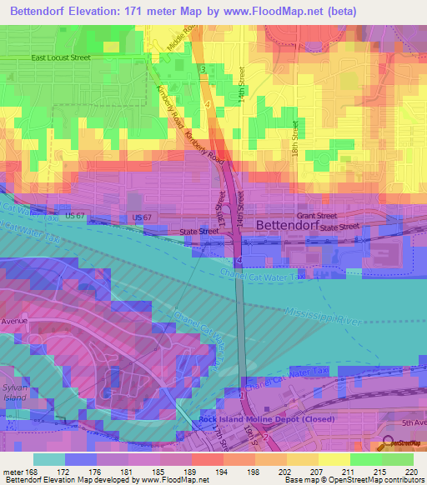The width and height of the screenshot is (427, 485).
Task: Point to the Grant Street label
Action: (319, 215)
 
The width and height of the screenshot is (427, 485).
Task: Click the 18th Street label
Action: (295, 139)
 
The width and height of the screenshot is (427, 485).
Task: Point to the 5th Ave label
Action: (413, 423)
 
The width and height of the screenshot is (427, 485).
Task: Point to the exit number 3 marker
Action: (202, 67)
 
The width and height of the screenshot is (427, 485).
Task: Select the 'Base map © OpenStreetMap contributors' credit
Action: (354, 480)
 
